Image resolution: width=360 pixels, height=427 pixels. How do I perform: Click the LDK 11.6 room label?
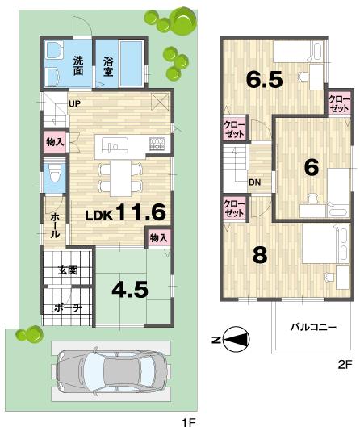125,213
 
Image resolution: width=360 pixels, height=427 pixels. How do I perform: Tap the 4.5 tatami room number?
130,289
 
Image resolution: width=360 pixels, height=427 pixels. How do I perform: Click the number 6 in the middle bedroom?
310,167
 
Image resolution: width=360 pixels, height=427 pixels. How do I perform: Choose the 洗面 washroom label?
79,65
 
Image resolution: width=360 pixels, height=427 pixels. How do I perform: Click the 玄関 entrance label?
68,270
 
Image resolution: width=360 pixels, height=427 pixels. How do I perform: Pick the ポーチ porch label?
68,308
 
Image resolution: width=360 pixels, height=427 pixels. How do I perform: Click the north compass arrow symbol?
233,341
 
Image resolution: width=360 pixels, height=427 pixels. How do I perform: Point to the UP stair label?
73,103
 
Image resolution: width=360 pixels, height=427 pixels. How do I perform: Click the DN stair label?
254,182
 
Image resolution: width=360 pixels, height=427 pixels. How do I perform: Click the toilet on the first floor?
54,172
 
